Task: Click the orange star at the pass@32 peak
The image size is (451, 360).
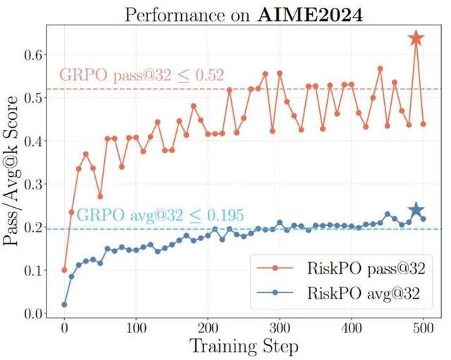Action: pyautogui.click(x=416, y=39)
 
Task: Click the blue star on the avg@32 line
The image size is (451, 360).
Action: pyautogui.click(x=416, y=210)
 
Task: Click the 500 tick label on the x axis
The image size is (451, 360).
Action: pyautogui.click(x=424, y=329)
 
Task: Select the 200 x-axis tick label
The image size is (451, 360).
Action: pyautogui.click(x=209, y=329)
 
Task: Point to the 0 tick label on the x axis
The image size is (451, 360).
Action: pyautogui.click(x=64, y=329)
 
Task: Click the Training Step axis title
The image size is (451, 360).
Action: pyautogui.click(x=243, y=347)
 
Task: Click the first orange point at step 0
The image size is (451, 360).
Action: pyautogui.click(x=64, y=270)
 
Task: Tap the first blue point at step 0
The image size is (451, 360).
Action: pyautogui.click(x=64, y=304)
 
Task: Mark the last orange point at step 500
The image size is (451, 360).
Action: pyautogui.click(x=424, y=124)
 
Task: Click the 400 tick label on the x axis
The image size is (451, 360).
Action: pyautogui.click(x=352, y=329)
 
